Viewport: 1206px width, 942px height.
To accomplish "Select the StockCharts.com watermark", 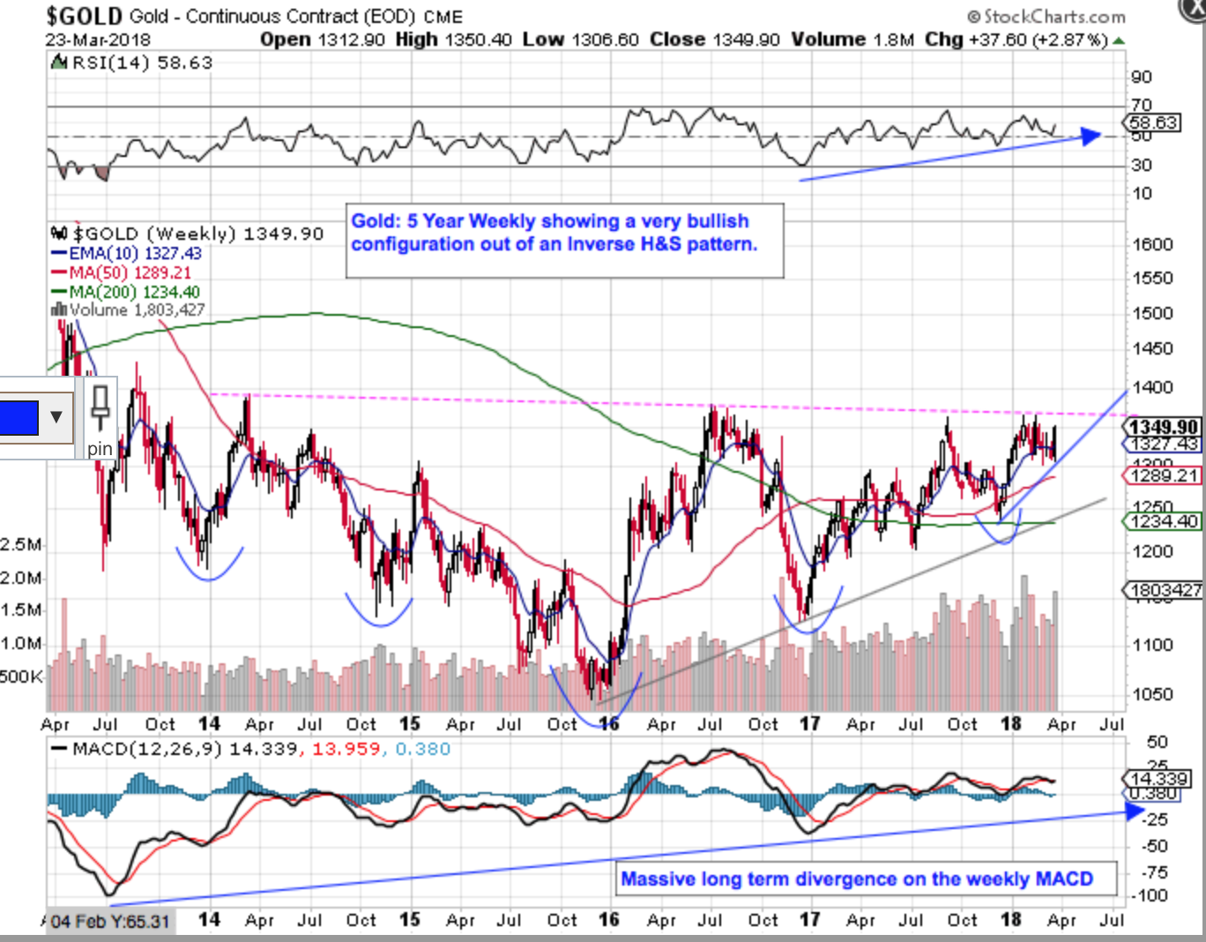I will [x=1046, y=17].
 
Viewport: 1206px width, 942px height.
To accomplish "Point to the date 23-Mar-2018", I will [x=98, y=40].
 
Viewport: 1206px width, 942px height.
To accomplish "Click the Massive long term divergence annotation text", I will [x=857, y=878].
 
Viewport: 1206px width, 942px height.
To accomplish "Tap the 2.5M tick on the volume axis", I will [x=21, y=545].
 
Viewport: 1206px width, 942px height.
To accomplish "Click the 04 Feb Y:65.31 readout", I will [x=109, y=922].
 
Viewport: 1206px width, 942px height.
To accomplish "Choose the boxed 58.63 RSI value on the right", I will [x=1154, y=123].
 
